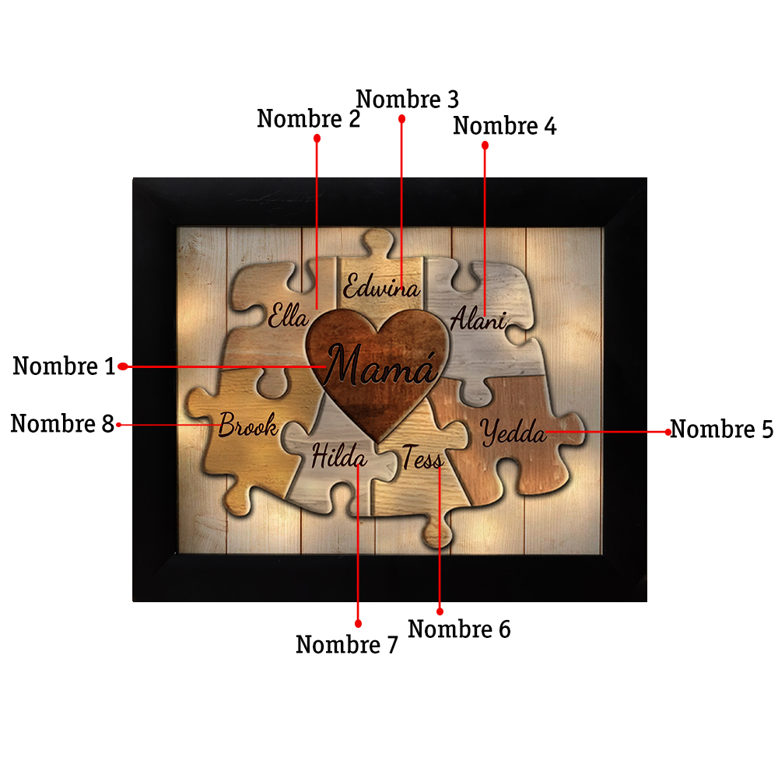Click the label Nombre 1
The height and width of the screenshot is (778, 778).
click(x=64, y=366)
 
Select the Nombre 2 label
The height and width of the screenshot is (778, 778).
click(x=308, y=118)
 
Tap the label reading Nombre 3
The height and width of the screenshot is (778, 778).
click(x=408, y=100)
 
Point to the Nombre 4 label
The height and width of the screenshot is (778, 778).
click(x=505, y=125)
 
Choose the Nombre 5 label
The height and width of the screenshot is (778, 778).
click(x=721, y=429)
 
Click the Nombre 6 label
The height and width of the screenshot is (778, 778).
click(x=459, y=629)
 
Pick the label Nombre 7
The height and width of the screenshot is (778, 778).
click(x=347, y=644)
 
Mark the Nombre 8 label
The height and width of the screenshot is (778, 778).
click(x=62, y=424)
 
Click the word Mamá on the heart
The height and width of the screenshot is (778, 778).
click(x=380, y=366)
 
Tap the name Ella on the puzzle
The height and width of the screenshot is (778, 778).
click(x=289, y=315)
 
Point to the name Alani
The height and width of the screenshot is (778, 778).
click(x=478, y=318)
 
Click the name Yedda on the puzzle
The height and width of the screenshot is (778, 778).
click(x=513, y=432)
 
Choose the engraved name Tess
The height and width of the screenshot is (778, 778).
click(x=422, y=457)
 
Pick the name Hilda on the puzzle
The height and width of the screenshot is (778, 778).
click(x=339, y=455)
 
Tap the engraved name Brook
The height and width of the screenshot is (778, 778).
click(x=248, y=426)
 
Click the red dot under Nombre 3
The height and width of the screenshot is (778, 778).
click(x=402, y=119)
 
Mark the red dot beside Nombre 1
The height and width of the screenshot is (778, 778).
click(x=123, y=366)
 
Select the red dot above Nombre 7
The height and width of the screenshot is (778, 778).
click(x=358, y=624)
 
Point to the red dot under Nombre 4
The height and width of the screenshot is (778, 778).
click(x=485, y=145)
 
